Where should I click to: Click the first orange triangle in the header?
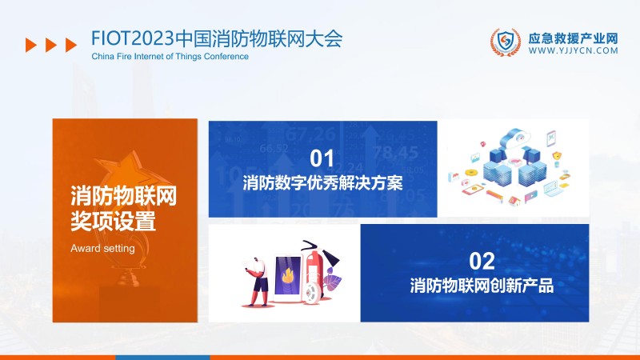31,46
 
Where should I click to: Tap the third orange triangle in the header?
71,46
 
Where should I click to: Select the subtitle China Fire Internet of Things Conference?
170,57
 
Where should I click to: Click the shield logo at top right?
505,43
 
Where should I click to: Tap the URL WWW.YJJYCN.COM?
574,50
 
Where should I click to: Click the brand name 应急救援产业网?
574,37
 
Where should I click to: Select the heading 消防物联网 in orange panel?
123,194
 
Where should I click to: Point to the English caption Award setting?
102,248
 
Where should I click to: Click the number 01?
322,158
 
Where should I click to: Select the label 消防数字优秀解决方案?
322,183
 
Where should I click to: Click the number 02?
482,260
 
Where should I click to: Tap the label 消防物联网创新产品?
482,286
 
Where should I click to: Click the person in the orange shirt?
258,280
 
